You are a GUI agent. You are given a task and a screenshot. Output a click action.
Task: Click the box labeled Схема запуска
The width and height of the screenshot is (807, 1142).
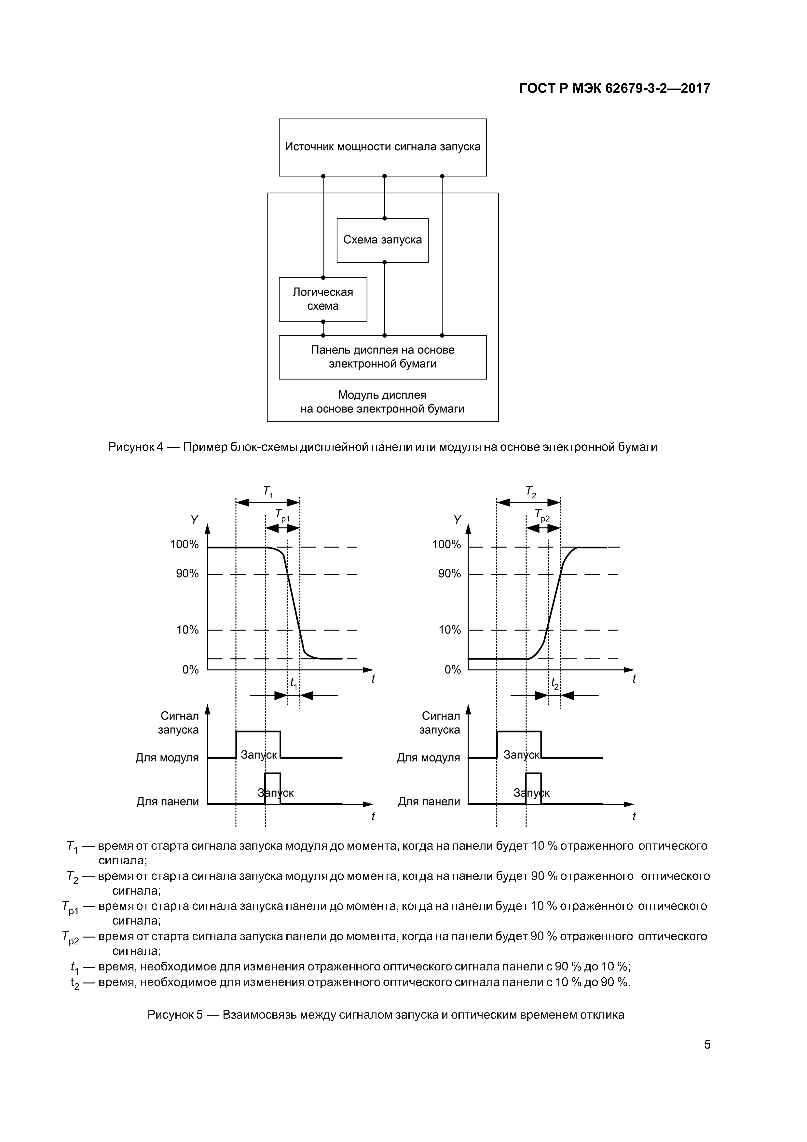coord(382,240)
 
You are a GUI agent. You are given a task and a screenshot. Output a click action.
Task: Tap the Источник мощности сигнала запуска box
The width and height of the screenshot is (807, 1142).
coord(382,147)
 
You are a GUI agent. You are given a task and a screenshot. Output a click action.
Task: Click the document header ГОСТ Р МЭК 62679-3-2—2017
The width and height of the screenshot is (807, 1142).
coord(615,89)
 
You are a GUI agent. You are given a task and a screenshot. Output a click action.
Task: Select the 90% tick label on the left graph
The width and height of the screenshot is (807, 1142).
coord(187,574)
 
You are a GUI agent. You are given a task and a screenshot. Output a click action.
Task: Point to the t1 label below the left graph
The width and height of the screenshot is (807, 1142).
coord(294,683)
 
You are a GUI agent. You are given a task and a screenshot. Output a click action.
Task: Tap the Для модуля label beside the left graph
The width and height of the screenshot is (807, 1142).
coord(167,758)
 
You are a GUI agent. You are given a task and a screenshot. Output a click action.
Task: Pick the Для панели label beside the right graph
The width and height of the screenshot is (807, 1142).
coord(429,802)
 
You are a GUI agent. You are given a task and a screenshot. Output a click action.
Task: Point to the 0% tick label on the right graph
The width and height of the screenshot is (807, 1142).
coord(453,670)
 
